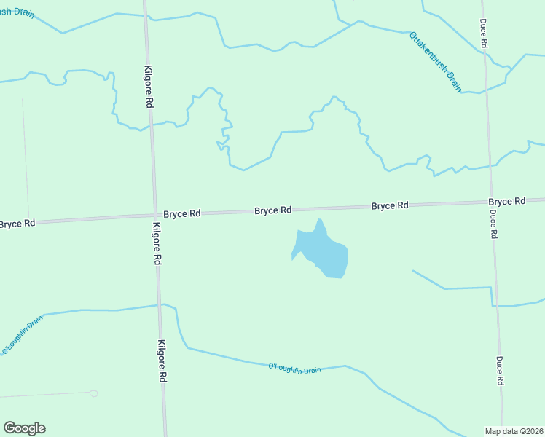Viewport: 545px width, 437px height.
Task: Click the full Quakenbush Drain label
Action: (x=436, y=62)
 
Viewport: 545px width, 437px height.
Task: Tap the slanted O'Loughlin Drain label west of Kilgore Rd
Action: (x=22, y=335)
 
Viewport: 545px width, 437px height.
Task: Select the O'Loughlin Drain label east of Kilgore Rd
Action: (x=294, y=368)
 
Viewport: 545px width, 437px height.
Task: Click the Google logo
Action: (x=24, y=428)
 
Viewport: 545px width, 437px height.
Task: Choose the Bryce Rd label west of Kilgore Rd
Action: (x=17, y=223)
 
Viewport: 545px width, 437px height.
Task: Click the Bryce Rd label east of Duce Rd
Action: (x=507, y=201)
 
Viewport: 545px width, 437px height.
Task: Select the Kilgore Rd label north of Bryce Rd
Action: (x=148, y=86)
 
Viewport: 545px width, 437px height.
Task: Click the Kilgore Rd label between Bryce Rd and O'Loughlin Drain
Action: (x=157, y=248)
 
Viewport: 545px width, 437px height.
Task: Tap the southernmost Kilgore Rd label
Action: (x=162, y=361)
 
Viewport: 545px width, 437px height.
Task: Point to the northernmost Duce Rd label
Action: (x=483, y=34)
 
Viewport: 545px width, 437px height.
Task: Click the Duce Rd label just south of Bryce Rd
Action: (x=493, y=224)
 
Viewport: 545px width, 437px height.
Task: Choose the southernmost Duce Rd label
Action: (x=500, y=370)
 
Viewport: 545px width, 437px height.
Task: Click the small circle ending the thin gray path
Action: (x=93, y=393)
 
